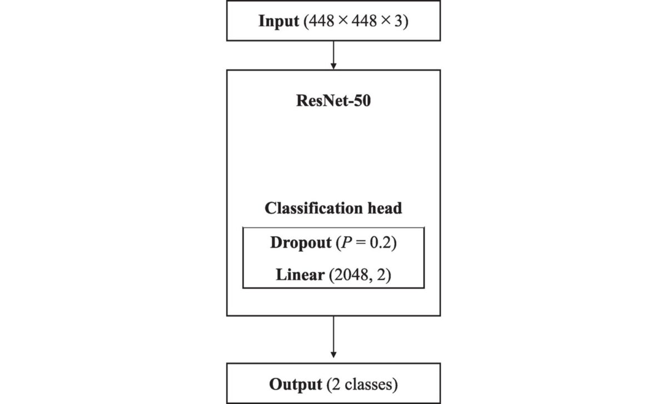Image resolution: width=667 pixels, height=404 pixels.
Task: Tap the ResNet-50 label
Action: (x=333, y=102)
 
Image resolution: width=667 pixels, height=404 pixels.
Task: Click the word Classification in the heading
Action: (x=313, y=208)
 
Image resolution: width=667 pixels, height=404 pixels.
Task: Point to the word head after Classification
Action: (x=385, y=208)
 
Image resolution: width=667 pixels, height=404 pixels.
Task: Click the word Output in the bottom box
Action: (x=295, y=384)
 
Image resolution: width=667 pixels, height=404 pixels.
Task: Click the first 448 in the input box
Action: (x=318, y=23)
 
